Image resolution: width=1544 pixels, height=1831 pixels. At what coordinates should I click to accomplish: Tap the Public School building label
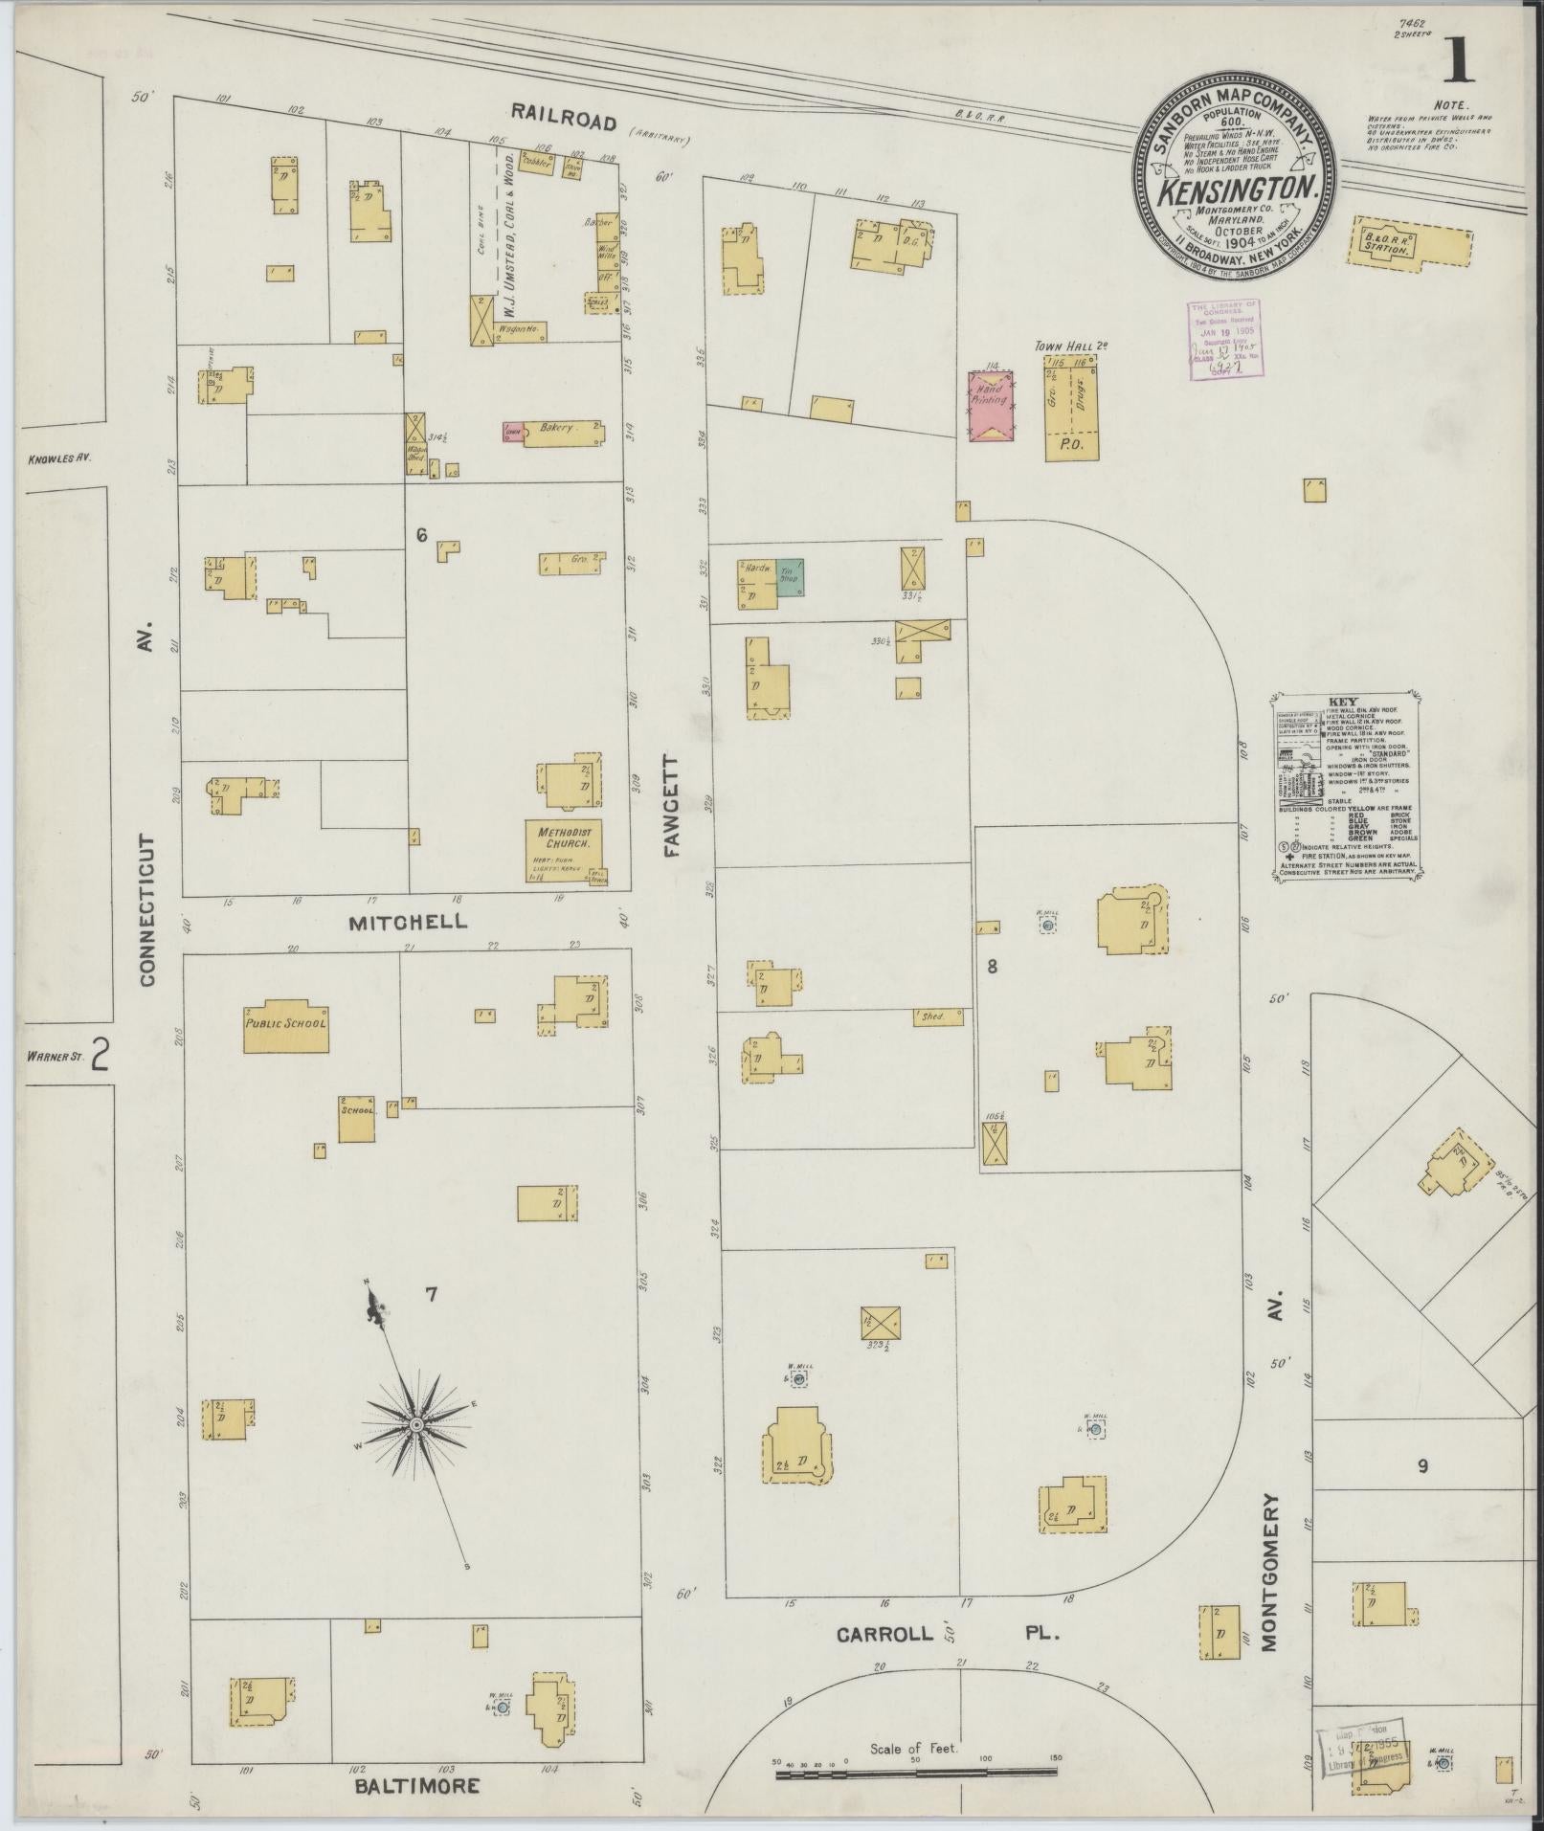click(285, 1022)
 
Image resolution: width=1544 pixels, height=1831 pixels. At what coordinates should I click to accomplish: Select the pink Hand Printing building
click(991, 406)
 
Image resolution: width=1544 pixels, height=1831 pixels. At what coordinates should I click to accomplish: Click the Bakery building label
click(557, 428)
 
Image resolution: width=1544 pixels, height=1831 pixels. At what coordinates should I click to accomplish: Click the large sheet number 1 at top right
click(1458, 62)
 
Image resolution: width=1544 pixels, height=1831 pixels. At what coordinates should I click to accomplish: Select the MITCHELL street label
click(408, 922)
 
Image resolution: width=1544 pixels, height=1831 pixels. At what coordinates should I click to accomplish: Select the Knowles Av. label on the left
click(58, 458)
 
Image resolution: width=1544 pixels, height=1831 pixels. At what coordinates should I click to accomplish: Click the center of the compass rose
click(416, 1425)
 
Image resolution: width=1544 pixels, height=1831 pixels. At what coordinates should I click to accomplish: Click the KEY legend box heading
click(1342, 702)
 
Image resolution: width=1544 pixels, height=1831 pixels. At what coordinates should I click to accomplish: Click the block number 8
click(993, 967)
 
